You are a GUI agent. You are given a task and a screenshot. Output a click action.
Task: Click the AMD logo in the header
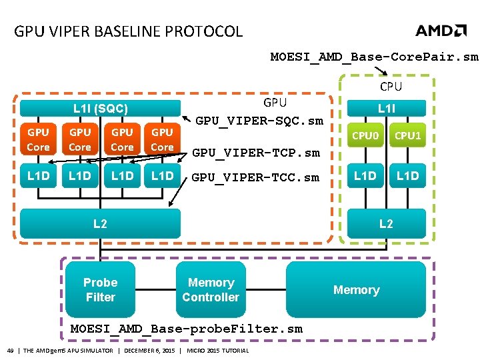(441, 31)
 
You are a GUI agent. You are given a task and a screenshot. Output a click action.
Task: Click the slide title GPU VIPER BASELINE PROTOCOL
(129, 31)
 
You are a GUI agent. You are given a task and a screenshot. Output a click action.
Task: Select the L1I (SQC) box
(101, 108)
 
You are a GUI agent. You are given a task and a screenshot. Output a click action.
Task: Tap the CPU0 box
(365, 137)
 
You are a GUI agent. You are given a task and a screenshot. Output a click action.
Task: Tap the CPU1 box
(407, 137)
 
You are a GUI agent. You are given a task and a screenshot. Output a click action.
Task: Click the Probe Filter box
(101, 290)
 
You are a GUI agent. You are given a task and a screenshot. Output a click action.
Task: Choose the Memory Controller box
(211, 290)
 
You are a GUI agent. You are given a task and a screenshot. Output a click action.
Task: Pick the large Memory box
(356, 290)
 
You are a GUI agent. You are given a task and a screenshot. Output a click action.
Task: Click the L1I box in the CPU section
(386, 107)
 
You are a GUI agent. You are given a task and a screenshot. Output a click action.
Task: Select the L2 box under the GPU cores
(100, 223)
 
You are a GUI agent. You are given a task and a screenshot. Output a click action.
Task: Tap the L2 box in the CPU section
(386, 223)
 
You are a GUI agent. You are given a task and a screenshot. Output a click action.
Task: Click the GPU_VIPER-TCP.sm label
(256, 153)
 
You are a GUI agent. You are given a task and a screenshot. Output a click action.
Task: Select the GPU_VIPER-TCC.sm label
(255, 178)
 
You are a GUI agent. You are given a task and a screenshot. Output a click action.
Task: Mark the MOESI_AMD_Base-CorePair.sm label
(374, 57)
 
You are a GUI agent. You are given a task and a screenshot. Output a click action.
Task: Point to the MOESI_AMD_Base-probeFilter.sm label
(187, 329)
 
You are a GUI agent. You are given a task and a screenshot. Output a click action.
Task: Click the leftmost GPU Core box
(38, 139)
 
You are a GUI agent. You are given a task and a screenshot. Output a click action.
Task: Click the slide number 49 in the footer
(11, 351)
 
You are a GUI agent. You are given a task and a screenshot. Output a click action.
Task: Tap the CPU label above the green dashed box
(391, 86)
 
